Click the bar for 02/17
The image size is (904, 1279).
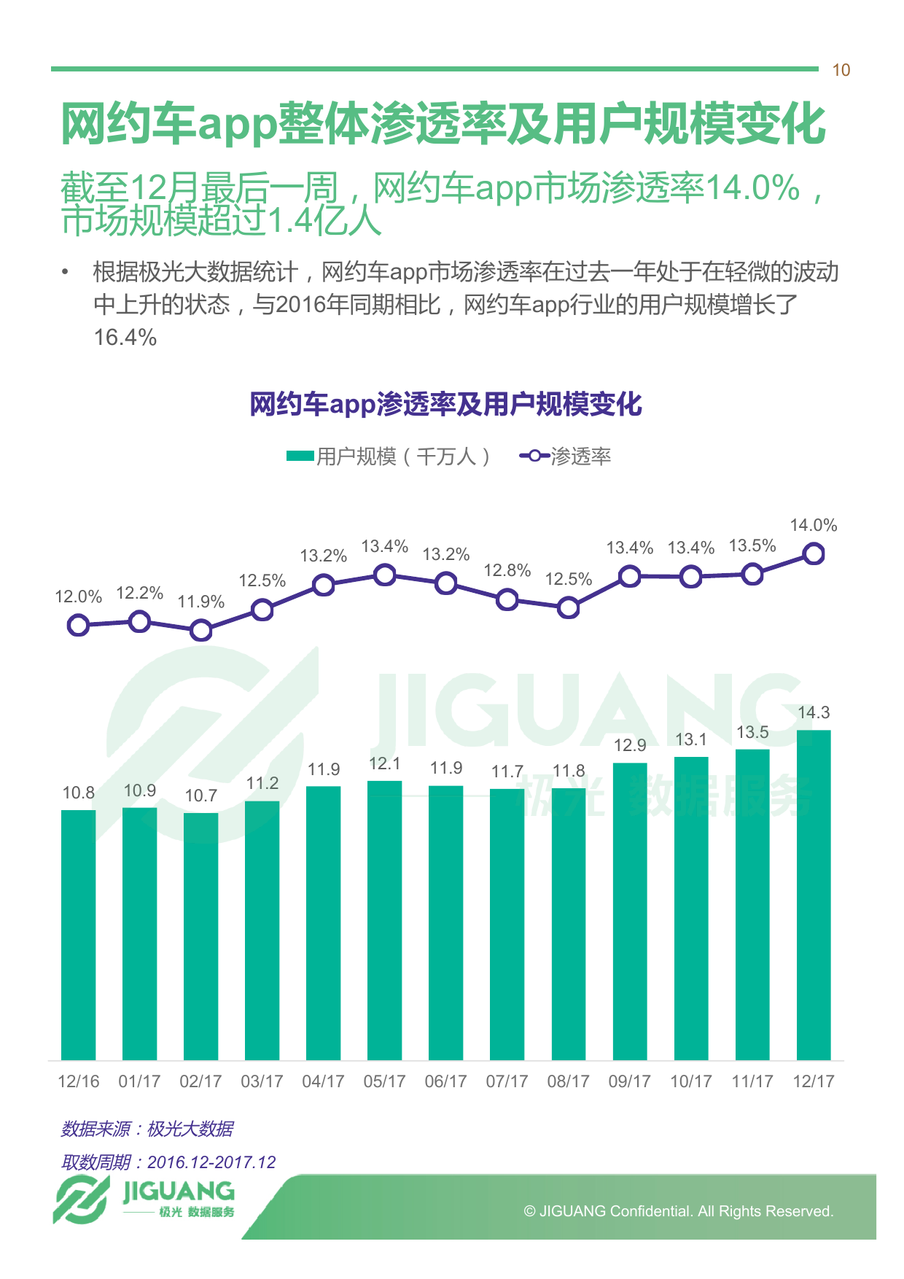[x=201, y=936]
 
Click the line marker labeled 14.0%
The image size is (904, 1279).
[x=814, y=554]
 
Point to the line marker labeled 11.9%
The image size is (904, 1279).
[x=201, y=631]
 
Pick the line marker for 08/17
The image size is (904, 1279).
[x=569, y=607]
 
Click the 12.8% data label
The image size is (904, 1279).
[x=507, y=571]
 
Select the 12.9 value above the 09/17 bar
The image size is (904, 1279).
[x=630, y=745]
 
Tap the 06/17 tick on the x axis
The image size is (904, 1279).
[x=445, y=1081]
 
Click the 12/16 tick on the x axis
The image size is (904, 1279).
[x=79, y=1081]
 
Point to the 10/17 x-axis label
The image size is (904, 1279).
[x=691, y=1081]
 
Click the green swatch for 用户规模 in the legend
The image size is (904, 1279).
[x=300, y=456]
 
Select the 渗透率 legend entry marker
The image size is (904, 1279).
[x=534, y=456]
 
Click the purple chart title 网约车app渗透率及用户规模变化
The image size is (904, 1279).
[x=445, y=404]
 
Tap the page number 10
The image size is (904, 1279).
[x=841, y=71]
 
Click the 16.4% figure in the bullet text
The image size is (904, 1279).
[x=125, y=338]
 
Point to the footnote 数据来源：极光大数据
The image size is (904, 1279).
[x=147, y=1129]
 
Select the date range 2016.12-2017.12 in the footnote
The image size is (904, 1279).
[x=211, y=1162]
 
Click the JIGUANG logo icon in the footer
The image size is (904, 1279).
[x=80, y=1200]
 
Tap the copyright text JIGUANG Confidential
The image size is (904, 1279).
[x=678, y=1211]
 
